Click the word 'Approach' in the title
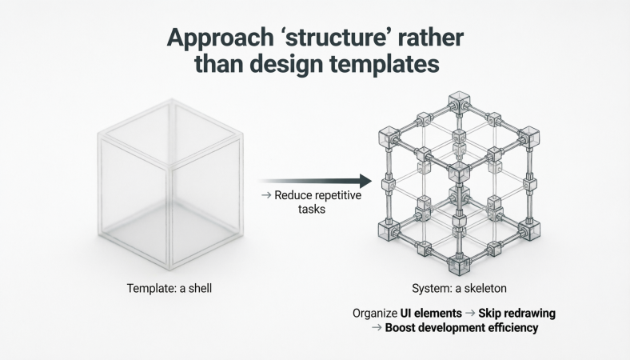pos(213,40)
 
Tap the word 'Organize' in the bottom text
pos(375,312)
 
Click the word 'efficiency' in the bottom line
pos(508,327)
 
